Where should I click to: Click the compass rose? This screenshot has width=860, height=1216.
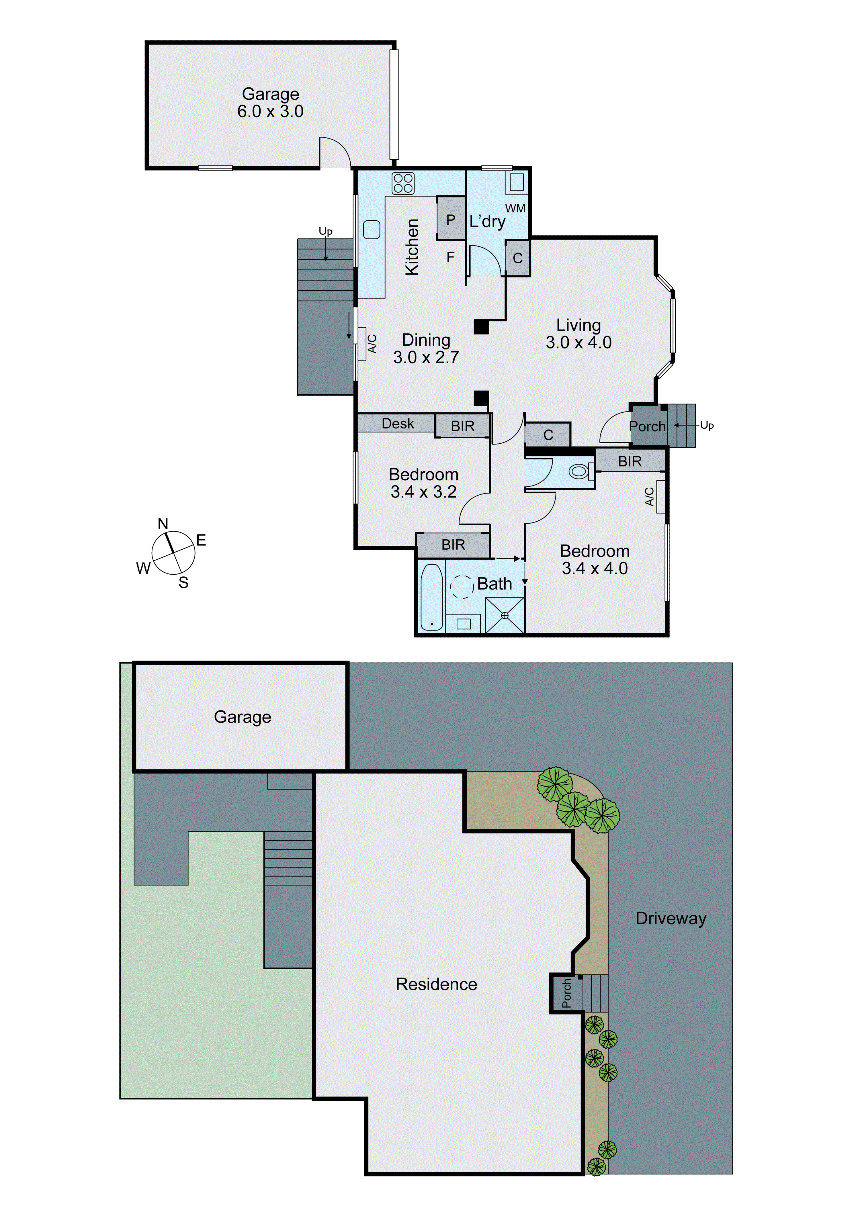173,553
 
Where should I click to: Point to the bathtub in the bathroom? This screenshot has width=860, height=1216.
431,598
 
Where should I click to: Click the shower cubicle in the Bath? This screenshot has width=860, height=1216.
505,615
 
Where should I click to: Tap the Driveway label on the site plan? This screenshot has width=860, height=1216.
671,918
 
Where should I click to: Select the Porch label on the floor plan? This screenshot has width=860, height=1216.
647,426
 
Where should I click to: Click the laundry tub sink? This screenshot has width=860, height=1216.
517,182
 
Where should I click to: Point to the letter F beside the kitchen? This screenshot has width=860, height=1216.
450,257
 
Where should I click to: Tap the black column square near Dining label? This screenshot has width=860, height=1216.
481,327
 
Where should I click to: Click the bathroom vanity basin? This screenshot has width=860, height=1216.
464,623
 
